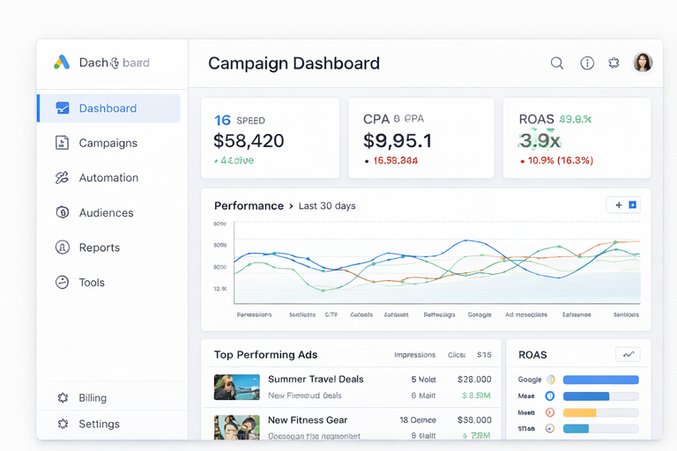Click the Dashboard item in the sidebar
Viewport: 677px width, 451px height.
(108, 108)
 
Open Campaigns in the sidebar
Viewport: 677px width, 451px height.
(108, 143)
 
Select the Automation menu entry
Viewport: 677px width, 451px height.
(108, 178)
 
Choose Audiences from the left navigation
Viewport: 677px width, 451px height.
(106, 212)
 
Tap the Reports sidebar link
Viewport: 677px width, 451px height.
(99, 248)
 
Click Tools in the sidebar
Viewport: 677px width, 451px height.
(92, 283)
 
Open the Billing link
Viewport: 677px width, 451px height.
(92, 398)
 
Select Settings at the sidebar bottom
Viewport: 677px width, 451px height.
(99, 424)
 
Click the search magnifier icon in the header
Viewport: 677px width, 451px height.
(557, 63)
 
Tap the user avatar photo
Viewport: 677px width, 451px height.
(644, 63)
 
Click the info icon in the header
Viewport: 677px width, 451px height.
(587, 63)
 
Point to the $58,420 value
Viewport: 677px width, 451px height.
(249, 140)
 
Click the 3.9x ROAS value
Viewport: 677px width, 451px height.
(539, 140)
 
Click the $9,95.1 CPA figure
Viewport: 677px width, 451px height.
(398, 140)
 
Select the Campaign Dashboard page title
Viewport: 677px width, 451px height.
(294, 63)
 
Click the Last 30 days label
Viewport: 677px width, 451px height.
(327, 206)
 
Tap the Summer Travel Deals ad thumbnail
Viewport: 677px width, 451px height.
(236, 387)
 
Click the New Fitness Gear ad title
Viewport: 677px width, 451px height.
(308, 420)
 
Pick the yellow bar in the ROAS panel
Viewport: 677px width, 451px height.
(579, 412)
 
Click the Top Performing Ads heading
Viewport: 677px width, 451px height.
(265, 355)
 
